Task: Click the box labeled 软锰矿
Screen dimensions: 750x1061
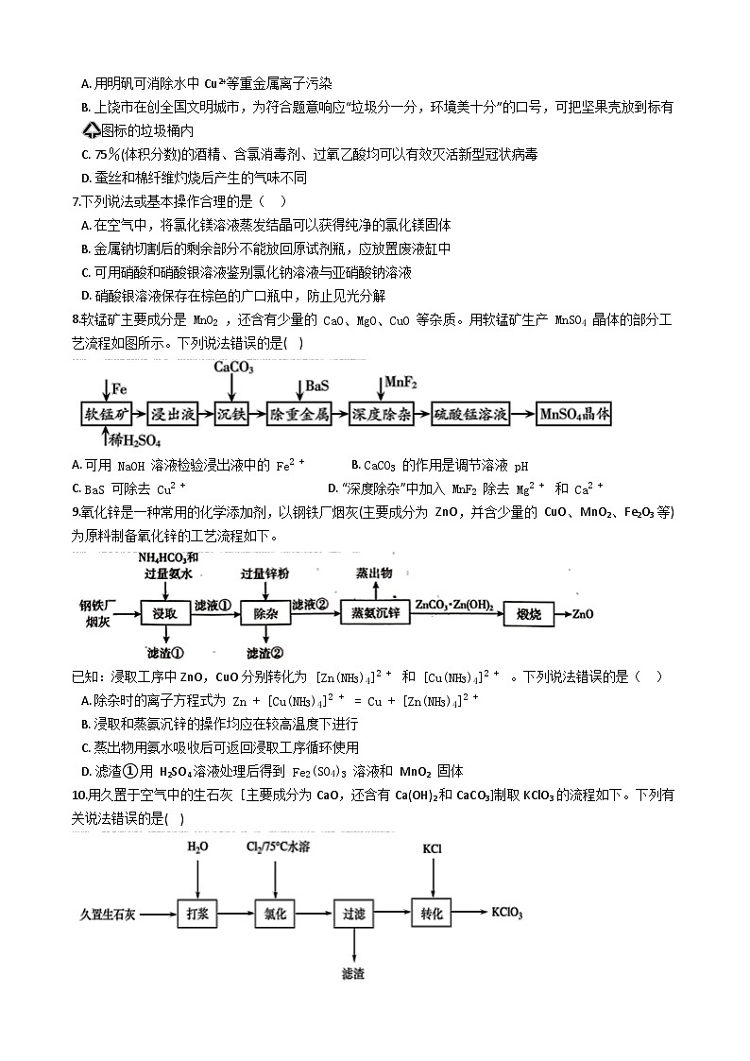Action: tap(105, 414)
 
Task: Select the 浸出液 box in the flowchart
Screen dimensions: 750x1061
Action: tap(174, 414)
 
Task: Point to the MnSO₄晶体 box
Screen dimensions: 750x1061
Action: tap(575, 414)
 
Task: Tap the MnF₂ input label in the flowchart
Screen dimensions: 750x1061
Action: tap(401, 383)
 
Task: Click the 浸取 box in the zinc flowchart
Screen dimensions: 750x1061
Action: tap(164, 613)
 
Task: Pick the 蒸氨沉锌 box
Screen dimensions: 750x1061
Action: tap(375, 613)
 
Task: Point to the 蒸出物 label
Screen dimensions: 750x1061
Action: tap(374, 573)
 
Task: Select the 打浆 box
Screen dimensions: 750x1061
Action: tap(196, 914)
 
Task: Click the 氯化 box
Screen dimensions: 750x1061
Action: tap(276, 914)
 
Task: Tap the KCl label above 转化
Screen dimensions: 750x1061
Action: tap(433, 848)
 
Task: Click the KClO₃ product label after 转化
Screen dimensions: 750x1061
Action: tap(508, 914)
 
